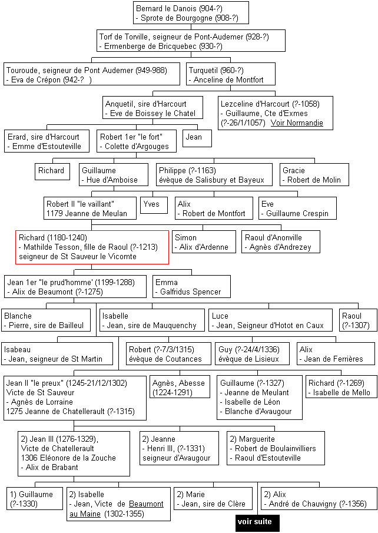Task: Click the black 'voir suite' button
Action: point(257,522)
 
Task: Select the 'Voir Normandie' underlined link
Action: point(297,123)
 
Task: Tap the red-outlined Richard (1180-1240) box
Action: point(92,247)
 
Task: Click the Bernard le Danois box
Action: point(191,13)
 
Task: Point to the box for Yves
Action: point(154,206)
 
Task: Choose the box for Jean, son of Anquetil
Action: point(197,138)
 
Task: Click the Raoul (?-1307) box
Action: point(359,320)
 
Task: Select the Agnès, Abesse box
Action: point(180,387)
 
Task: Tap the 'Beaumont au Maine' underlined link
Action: point(116,508)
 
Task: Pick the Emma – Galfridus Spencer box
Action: point(191,287)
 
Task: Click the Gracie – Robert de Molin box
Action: point(314,175)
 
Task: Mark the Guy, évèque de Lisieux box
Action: point(253,353)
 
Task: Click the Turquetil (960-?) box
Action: point(231,74)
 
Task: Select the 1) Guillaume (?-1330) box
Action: point(35,499)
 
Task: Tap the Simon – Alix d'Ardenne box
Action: point(204,241)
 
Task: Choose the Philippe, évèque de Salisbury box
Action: point(214,175)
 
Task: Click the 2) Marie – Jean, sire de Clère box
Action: point(214,499)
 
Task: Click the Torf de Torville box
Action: point(191,41)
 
